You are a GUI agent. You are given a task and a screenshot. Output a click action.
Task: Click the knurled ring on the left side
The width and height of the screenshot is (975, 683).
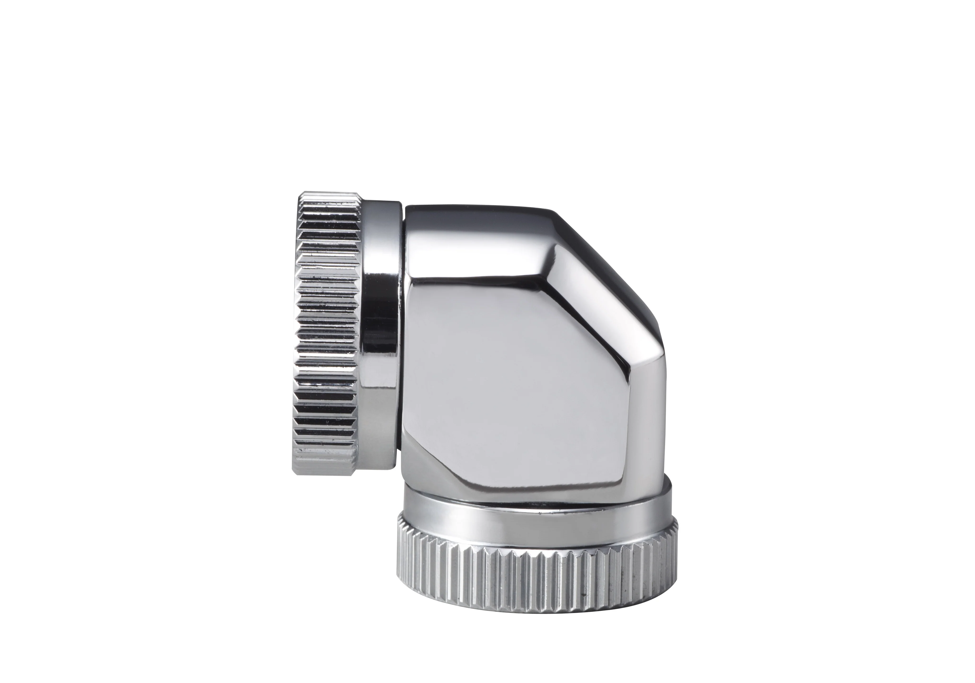coord(327,336)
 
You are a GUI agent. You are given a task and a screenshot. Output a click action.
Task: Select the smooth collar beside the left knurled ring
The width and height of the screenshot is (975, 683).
coord(380,336)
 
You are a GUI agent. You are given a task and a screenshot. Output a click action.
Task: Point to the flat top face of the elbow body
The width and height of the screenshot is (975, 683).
coord(476,212)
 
